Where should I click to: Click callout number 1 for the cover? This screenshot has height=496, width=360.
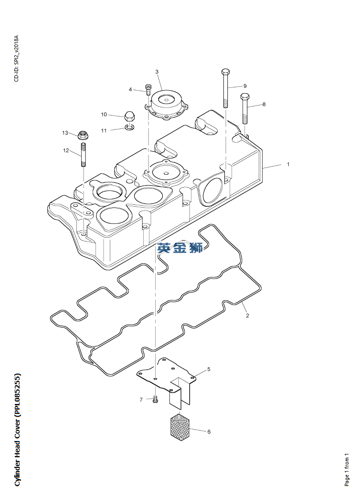pos(288,164)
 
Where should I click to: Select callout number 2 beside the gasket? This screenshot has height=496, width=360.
pos(247,316)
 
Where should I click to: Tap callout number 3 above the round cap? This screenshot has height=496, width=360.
pos(157,72)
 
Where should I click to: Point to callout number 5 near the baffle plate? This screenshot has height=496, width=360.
pos(209,369)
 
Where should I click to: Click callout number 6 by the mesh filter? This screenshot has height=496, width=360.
pos(209,432)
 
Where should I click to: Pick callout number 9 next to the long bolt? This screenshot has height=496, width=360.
pos(245,86)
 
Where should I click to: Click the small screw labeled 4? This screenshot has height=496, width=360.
pos(148,89)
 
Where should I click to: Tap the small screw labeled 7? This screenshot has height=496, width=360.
pos(156,400)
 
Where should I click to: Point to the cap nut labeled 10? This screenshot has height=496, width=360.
pos(128,116)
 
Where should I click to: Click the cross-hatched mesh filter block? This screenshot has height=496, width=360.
pos(180,427)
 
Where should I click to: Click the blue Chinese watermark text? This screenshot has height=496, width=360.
pos(180,247)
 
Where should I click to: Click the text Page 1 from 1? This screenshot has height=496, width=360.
pos(347,470)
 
